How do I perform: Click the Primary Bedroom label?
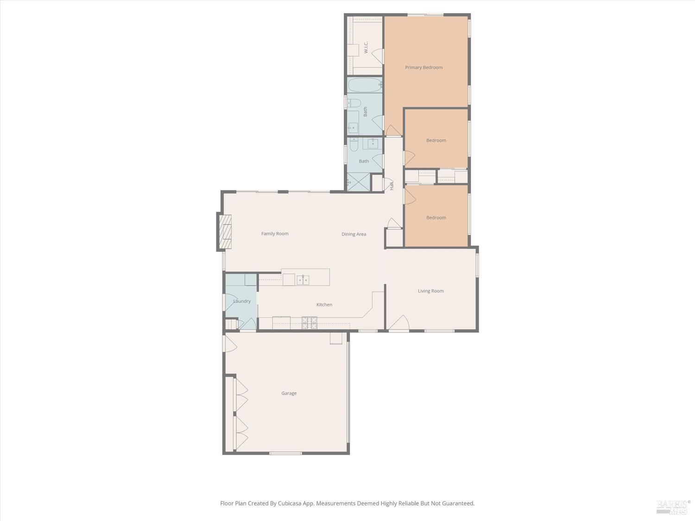tap(423, 68)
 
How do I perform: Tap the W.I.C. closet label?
tap(366, 47)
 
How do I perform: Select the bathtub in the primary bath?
tap(364, 85)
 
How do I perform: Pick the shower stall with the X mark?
tap(359, 182)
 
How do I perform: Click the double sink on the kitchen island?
tap(303, 280)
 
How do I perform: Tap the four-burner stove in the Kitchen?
tap(310, 323)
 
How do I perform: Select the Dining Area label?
tap(354, 234)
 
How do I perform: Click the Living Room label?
tap(430, 291)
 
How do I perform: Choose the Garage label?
tap(289, 394)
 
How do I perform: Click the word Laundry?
tap(242, 301)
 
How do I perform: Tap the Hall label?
tap(392, 186)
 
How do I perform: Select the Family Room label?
tap(275, 234)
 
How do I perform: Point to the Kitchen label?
tap(324, 305)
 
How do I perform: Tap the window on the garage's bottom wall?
tap(286, 453)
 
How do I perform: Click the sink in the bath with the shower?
tap(373, 144)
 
